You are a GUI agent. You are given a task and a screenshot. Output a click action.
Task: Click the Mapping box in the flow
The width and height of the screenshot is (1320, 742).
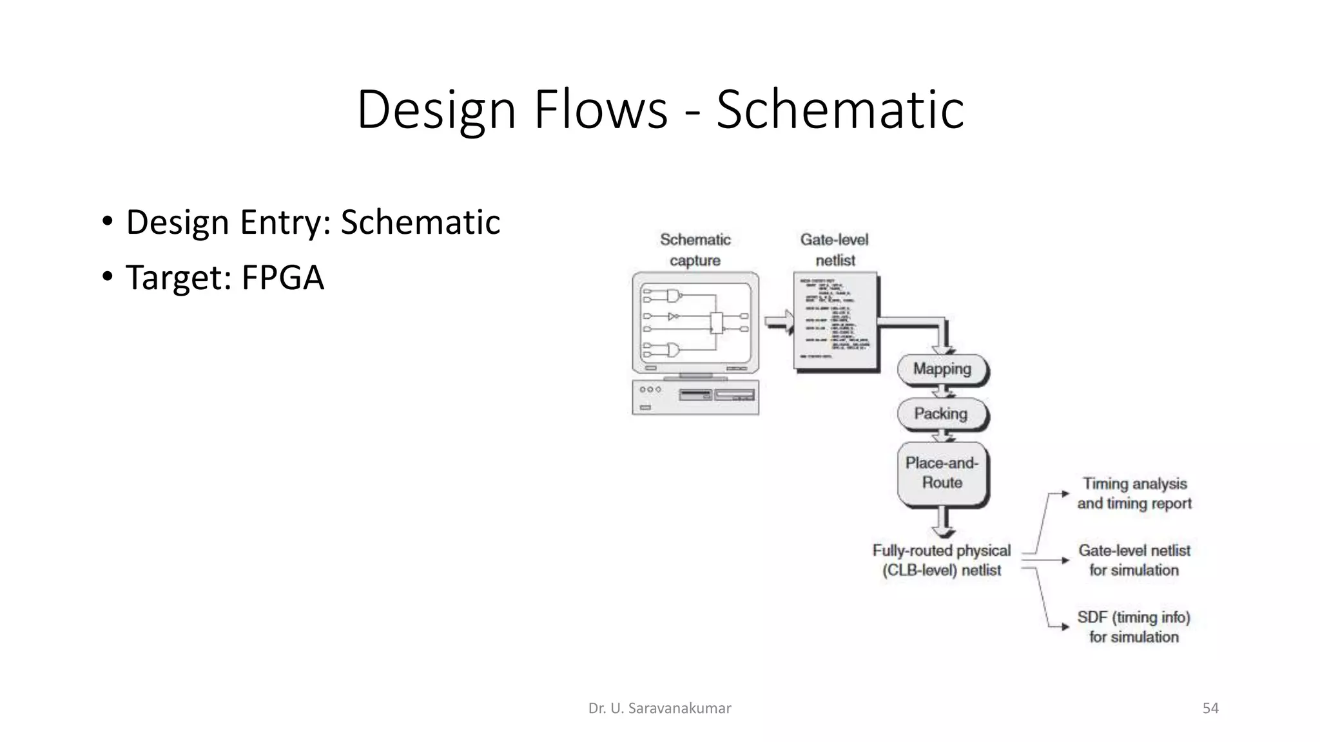coord(942,369)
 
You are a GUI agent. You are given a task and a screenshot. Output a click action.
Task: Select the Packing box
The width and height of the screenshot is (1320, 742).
coord(941,414)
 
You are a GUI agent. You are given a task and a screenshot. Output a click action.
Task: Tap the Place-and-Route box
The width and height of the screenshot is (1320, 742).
coord(942,473)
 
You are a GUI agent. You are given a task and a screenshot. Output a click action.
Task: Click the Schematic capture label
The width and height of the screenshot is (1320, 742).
coord(695,250)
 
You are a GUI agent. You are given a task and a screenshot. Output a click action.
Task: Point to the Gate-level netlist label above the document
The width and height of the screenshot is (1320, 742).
coord(835,250)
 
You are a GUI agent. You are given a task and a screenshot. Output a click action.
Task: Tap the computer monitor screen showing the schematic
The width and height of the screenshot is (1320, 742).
coord(695,323)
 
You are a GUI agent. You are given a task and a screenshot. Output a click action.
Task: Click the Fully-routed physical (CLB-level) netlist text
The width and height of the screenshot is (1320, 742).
coord(942,560)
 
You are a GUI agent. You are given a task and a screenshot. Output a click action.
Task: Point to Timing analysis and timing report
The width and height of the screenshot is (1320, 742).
coord(1134,493)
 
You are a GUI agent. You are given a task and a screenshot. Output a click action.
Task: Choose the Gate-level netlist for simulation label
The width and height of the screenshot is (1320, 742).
coord(1134,560)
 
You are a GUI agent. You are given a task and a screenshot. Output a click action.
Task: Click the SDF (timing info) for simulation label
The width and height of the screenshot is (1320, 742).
coord(1134,627)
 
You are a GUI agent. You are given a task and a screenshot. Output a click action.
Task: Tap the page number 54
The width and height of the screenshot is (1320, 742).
coord(1210,709)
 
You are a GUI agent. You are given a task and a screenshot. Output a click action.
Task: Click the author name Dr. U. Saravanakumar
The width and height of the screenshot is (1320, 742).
coord(659,709)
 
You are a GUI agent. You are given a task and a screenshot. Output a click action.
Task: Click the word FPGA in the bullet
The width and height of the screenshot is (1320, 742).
coord(282,278)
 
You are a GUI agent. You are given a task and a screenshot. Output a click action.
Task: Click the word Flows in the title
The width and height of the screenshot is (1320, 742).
coord(601,109)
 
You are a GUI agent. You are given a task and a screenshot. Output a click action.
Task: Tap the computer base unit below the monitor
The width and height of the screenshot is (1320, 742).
coord(695,398)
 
